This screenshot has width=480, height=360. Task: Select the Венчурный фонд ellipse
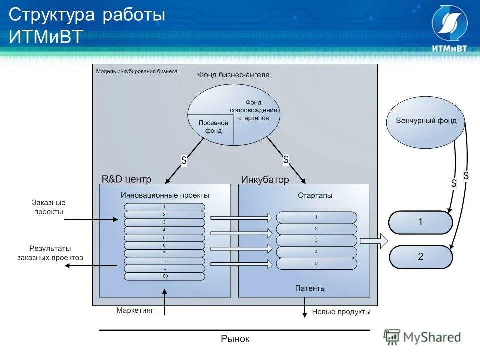pyautogui.click(x=426, y=122)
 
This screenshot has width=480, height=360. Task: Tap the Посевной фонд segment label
pyautogui.click(x=213, y=127)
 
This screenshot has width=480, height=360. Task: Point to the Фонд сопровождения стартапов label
pyautogui.click(x=254, y=110)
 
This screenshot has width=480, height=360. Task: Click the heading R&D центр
pyautogui.click(x=126, y=179)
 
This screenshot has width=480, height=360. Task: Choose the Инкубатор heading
pyautogui.click(x=265, y=180)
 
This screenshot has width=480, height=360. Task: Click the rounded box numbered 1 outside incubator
pyautogui.click(x=420, y=222)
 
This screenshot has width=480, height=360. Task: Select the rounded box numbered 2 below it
pyautogui.click(x=420, y=257)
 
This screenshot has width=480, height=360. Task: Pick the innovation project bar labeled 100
pyautogui.click(x=164, y=276)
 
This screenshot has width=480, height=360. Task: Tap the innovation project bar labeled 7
pyautogui.click(x=164, y=253)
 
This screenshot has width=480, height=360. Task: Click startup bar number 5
pyautogui.click(x=316, y=264)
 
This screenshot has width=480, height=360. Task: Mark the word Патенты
pyautogui.click(x=310, y=288)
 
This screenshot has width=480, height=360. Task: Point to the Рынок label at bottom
pyautogui.click(x=235, y=339)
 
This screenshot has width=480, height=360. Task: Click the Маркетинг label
pyautogui.click(x=135, y=310)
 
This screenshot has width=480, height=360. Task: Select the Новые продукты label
pyautogui.click(x=341, y=312)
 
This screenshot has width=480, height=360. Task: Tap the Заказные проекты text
pyautogui.click(x=49, y=207)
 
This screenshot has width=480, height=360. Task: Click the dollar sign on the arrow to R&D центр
pyautogui.click(x=184, y=160)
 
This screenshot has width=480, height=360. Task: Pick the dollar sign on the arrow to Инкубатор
pyautogui.click(x=286, y=159)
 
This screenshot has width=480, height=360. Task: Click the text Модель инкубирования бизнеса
pyautogui.click(x=136, y=71)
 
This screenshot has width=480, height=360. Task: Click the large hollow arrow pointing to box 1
pyautogui.click(x=374, y=241)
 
